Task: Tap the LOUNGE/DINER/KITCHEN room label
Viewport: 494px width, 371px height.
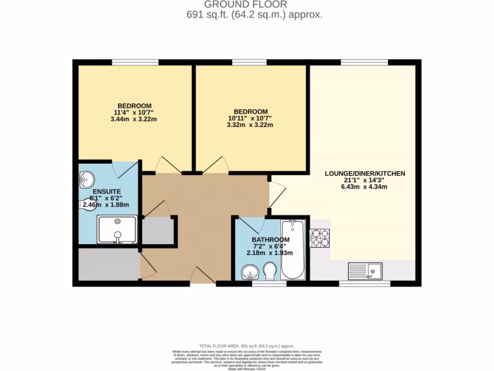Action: pyautogui.click(x=365, y=173)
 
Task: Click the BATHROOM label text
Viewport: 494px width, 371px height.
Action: pyautogui.click(x=270, y=240)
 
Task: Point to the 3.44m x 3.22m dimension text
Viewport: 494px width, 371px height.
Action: pyautogui.click(x=135, y=119)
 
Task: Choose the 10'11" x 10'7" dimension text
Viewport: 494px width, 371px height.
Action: pyautogui.click(x=250, y=118)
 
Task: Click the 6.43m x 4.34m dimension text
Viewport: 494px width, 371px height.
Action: pyautogui.click(x=365, y=186)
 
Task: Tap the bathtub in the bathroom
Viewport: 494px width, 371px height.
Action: pyautogui.click(x=293, y=250)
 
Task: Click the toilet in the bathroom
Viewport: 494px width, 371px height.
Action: pyautogui.click(x=270, y=271)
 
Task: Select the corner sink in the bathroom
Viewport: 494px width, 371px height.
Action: pyautogui.click(x=250, y=272)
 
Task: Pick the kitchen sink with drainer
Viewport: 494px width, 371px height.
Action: pyautogui.click(x=365, y=271)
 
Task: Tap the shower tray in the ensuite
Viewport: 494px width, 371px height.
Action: pyautogui.click(x=117, y=229)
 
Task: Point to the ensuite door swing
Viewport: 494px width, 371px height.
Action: pyautogui.click(x=121, y=168)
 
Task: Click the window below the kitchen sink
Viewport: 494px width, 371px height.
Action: pyautogui.click(x=365, y=284)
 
